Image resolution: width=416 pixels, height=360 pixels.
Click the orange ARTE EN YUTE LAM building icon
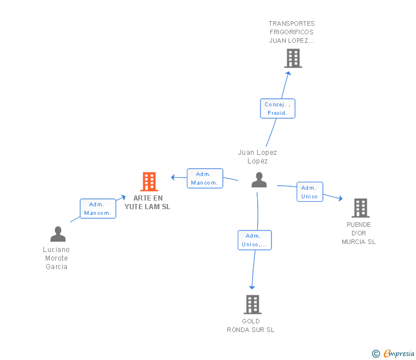149,182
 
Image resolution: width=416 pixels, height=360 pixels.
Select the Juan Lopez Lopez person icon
259,180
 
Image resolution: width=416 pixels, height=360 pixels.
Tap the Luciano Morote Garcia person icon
58,234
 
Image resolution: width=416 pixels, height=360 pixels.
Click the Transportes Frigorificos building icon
293,58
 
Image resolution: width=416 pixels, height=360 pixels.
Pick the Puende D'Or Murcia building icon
360,208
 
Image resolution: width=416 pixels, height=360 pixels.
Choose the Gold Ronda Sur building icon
253,305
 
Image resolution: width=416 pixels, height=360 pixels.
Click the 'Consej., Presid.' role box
278,109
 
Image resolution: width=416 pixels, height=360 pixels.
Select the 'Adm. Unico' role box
309,192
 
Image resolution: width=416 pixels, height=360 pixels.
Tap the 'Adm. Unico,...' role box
255,240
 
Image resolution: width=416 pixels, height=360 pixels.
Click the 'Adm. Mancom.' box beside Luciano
98,209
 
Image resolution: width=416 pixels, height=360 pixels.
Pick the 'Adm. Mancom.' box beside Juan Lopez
205,178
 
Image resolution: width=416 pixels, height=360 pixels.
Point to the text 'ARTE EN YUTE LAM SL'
147,202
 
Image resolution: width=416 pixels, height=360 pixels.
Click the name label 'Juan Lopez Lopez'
258,157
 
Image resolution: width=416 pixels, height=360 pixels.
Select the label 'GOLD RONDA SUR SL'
251,325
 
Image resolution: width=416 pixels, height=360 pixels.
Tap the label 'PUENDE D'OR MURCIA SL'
359,233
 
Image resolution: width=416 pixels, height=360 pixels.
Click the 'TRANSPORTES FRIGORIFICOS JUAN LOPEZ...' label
292,32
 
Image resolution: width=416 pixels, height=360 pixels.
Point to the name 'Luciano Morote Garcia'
57,258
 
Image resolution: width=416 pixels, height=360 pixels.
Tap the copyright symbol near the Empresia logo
375,354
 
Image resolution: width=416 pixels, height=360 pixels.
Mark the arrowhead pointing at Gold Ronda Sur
252,287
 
